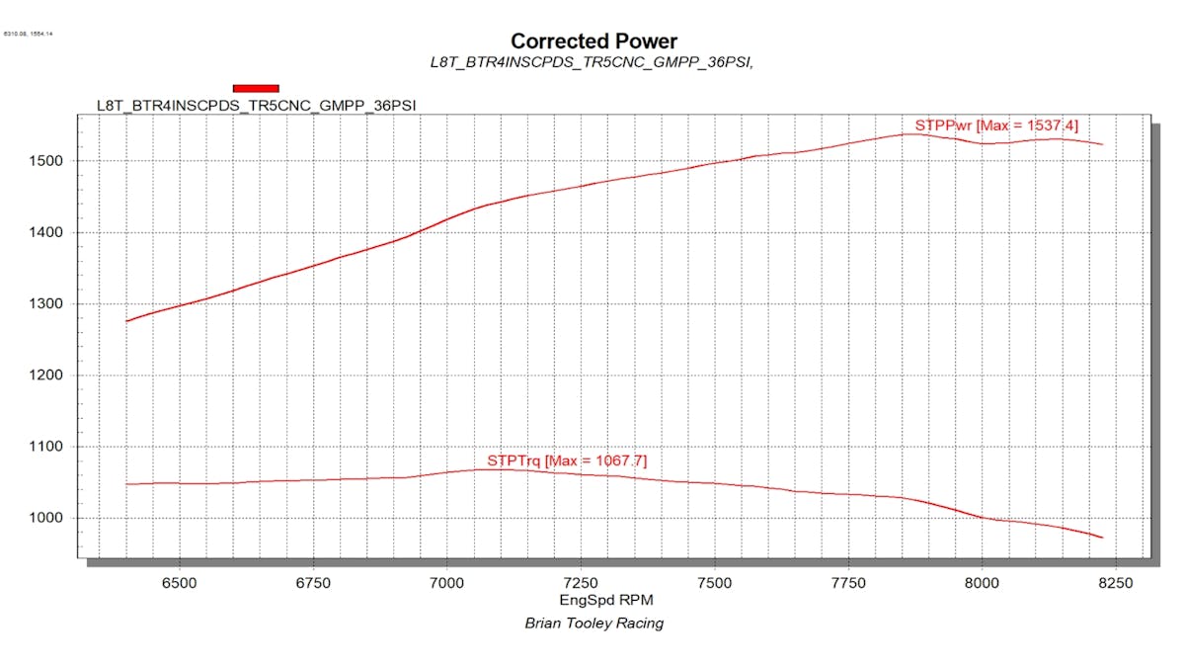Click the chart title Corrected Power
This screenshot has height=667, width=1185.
tap(593, 42)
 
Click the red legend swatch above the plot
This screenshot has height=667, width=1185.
tap(256, 88)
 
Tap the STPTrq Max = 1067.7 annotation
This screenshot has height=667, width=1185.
tap(567, 460)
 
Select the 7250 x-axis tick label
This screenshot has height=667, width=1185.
tap(581, 583)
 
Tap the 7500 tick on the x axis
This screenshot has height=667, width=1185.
tap(714, 583)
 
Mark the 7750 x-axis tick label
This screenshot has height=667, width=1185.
tap(848, 583)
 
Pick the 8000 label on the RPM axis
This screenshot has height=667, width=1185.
tap(982, 583)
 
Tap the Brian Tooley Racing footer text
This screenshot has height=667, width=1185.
tap(593, 624)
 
